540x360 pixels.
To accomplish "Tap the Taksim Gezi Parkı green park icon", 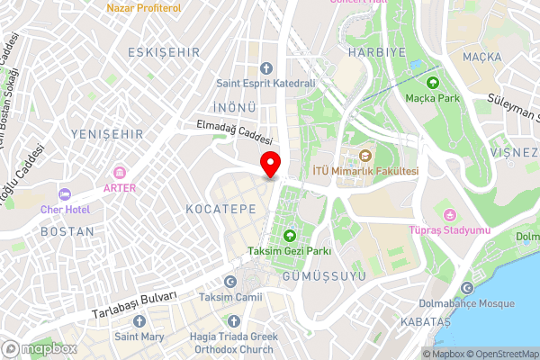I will pyautogui.click(x=290, y=237).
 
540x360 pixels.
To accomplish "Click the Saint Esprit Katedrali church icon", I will pyautogui.click(x=265, y=68).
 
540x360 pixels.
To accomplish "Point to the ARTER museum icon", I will pyautogui.click(x=120, y=173).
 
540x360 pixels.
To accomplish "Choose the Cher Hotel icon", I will pyautogui.click(x=64, y=194).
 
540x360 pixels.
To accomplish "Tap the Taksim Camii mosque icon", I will pyautogui.click(x=229, y=282).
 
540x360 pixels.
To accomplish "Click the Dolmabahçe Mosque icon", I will pyautogui.click(x=466, y=288).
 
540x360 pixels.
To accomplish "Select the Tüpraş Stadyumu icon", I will pyautogui.click(x=449, y=214).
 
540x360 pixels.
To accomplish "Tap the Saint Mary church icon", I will pyautogui.click(x=138, y=322).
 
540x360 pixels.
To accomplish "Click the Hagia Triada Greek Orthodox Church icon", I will pyautogui.click(x=233, y=321).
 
